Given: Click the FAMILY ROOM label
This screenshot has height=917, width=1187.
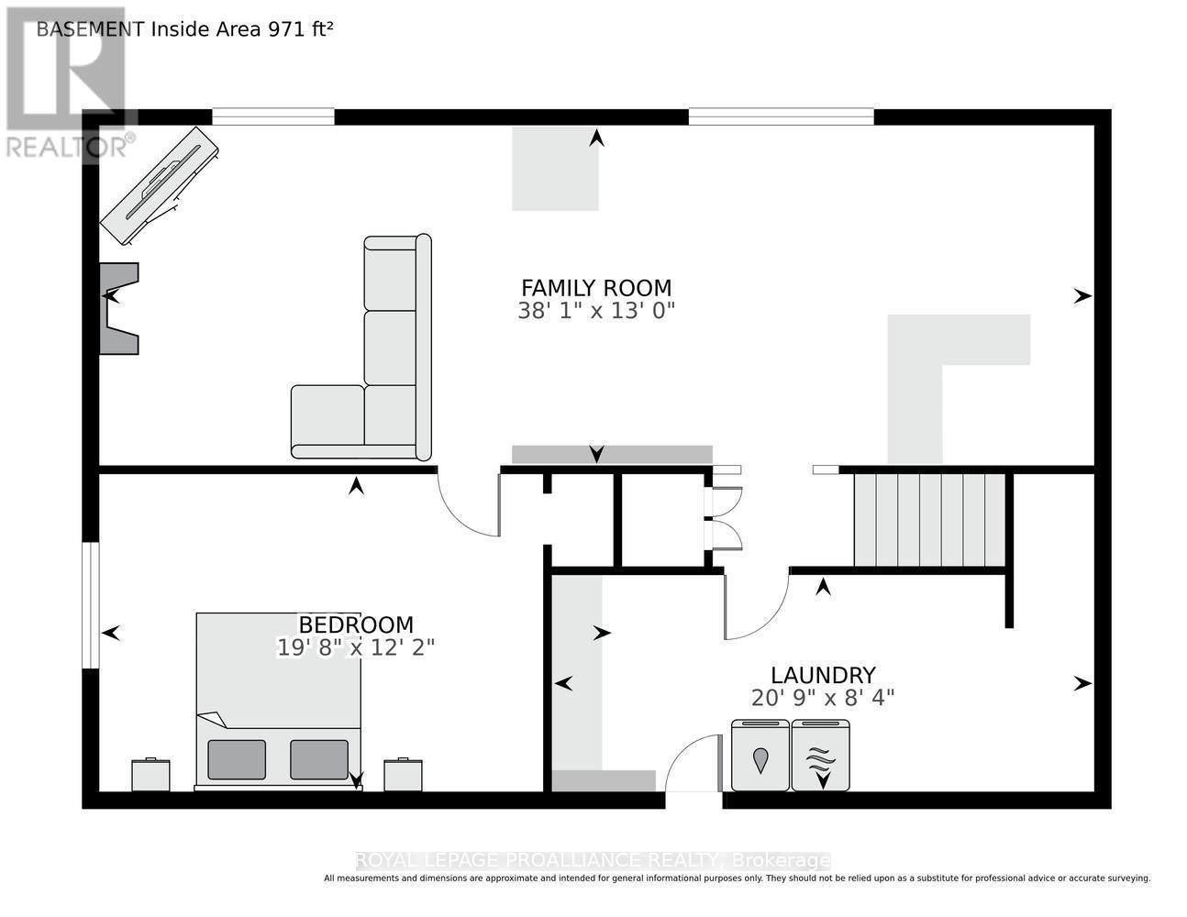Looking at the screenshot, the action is [x=596, y=288].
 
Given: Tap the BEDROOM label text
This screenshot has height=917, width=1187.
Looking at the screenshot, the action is [x=356, y=624].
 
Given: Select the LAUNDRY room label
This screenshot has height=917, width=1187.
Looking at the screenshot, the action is [x=823, y=675].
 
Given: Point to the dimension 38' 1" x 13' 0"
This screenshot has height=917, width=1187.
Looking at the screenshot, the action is [x=596, y=311].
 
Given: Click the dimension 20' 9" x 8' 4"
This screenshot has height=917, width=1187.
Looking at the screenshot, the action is [x=823, y=698].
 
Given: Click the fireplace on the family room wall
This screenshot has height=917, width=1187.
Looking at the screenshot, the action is [x=119, y=308].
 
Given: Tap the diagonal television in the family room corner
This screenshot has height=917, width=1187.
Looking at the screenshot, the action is [x=159, y=185].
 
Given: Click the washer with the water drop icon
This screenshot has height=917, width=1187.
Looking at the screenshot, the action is [x=760, y=755].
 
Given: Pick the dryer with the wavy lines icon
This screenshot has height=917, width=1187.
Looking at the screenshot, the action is [x=820, y=755].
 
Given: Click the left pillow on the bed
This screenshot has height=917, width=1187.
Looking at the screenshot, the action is [x=237, y=759].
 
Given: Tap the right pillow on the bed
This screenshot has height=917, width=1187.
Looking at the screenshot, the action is [x=319, y=759].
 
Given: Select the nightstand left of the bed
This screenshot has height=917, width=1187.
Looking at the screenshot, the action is [x=150, y=775].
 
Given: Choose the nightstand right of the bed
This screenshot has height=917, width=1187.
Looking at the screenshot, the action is [x=403, y=775].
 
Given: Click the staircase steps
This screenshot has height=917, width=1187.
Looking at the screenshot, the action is [x=929, y=520].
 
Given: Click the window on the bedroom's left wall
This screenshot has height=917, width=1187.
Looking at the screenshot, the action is [x=91, y=605].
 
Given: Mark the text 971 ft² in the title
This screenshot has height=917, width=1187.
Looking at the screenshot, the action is [x=300, y=29].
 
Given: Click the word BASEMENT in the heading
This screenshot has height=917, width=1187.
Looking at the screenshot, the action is [x=90, y=29].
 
